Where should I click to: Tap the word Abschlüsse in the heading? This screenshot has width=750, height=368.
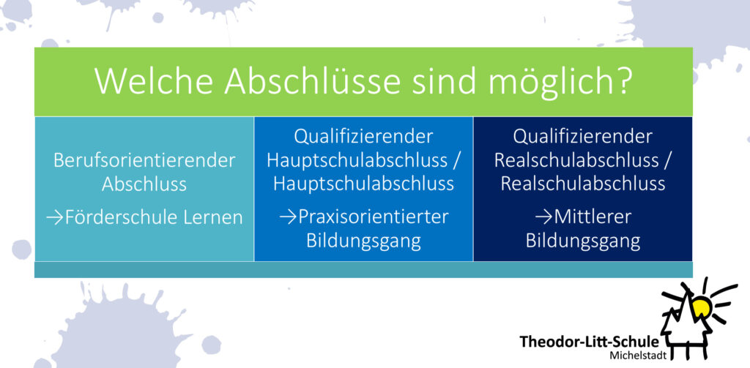tap(312, 80)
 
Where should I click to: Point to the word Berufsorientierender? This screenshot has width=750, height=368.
tap(144, 160)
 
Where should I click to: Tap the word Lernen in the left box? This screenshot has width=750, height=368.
tap(220, 218)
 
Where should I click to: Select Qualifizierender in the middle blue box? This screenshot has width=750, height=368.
tap(363, 137)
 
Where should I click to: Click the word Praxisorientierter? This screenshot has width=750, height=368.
tap(373, 217)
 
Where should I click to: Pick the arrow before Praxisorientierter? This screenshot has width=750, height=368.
tap(288, 217)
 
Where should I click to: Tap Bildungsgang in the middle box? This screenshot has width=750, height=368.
tap(363, 241)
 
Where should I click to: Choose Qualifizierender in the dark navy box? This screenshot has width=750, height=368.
tap(582, 137)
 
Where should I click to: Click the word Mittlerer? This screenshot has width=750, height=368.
tap(593, 217)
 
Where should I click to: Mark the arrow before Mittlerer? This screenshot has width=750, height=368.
tap(544, 217)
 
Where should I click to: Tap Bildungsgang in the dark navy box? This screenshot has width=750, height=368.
tap(583, 241)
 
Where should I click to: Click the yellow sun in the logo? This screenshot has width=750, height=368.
tap(701, 305)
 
